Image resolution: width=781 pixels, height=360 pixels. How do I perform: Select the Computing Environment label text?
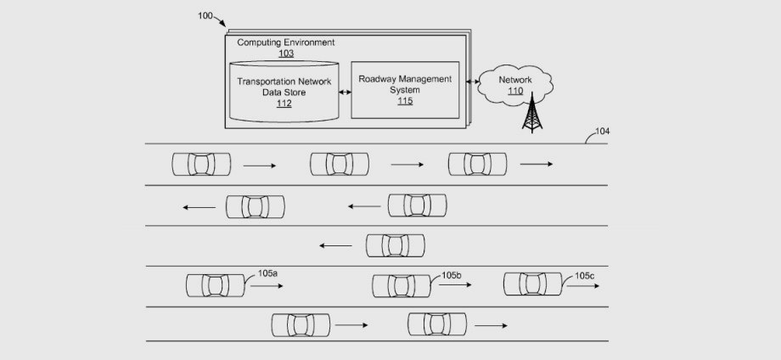point(285,42)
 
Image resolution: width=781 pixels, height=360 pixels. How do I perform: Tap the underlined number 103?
point(286,53)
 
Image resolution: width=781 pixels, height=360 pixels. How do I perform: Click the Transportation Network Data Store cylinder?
point(284,92)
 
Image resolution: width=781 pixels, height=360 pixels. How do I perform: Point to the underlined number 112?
point(284,104)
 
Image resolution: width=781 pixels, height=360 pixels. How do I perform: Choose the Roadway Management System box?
point(405,89)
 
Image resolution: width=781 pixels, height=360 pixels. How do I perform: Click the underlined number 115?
point(405,101)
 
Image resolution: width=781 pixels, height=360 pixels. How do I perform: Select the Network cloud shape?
point(515,85)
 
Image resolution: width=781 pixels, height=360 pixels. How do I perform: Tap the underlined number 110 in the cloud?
point(515,90)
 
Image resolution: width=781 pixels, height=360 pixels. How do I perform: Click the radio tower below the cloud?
point(532,115)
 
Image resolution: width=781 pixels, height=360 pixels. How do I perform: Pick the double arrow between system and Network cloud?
point(472,83)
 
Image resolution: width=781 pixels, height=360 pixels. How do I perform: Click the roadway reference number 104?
point(602,131)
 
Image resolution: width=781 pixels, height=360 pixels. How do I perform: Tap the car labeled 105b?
point(401,285)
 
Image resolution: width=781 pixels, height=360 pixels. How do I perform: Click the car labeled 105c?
point(532,284)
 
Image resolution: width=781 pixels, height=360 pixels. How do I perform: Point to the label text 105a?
point(267,273)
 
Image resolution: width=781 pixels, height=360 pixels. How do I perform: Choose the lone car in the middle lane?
point(395,245)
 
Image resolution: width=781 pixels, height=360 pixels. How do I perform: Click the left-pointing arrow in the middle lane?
point(335,246)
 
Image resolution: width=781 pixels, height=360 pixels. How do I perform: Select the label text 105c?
point(585,275)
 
